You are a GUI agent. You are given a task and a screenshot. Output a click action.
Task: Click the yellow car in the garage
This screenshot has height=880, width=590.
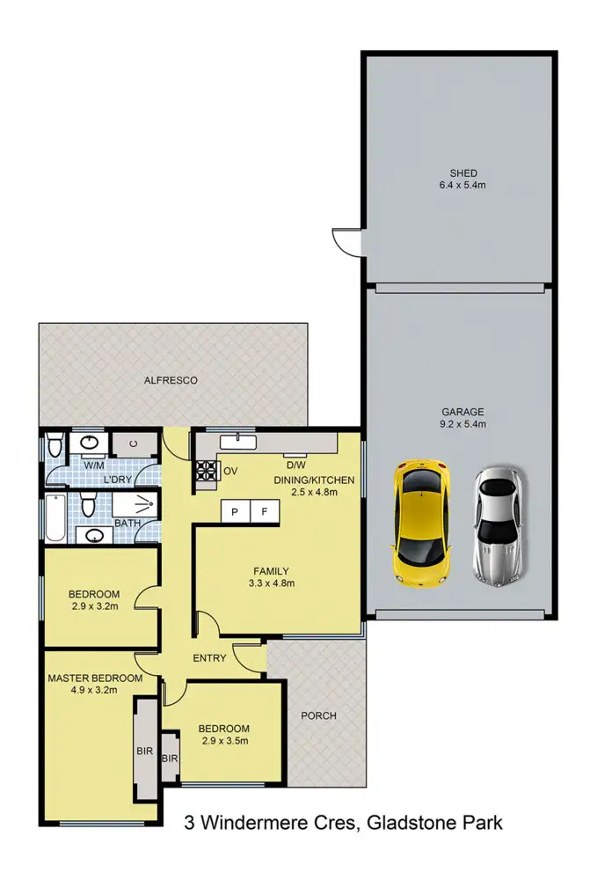[419, 524]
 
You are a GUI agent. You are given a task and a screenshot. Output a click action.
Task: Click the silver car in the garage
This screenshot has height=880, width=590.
[499, 524]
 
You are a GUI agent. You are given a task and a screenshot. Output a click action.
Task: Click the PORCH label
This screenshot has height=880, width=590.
[318, 715]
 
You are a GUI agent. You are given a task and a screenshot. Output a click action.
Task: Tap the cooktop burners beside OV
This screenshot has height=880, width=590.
[206, 473]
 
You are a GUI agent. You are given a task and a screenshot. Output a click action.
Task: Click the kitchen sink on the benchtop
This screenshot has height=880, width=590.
[237, 441]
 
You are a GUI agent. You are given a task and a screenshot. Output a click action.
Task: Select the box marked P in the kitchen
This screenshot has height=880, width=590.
[236, 510]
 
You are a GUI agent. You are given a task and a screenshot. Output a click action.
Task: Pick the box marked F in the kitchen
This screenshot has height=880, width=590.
[265, 510]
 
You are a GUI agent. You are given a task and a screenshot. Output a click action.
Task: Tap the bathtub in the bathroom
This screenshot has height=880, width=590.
[55, 519]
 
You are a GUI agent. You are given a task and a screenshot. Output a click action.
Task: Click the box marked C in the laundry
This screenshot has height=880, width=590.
[134, 445]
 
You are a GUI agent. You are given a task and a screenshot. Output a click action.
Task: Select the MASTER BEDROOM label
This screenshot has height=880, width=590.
[95, 678]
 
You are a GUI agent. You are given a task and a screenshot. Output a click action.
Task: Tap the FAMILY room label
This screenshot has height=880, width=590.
[271, 570]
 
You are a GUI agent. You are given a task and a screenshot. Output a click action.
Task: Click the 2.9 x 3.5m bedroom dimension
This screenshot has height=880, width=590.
[223, 741]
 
